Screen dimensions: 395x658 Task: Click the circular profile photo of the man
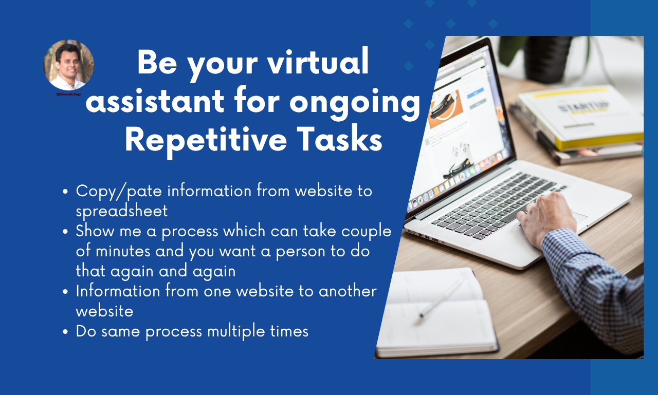68,65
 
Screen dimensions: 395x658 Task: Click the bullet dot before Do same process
65,332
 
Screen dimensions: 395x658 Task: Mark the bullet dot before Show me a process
65,232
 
